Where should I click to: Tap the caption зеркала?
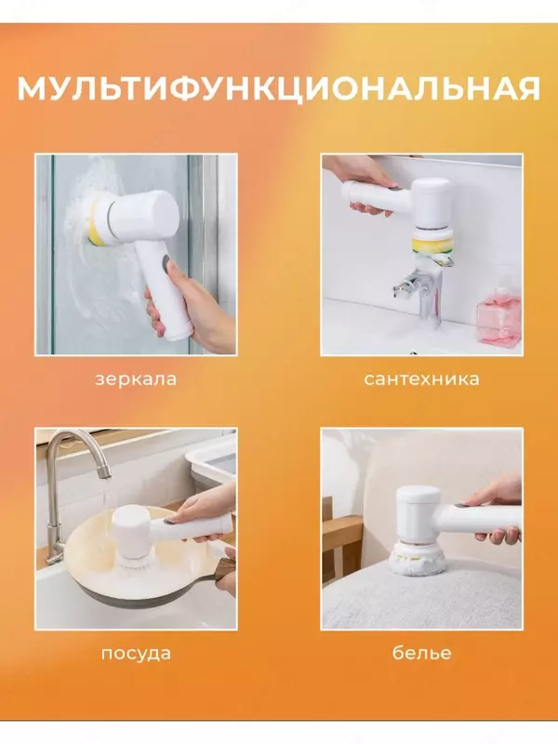click(136, 379)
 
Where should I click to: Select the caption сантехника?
click(421, 379)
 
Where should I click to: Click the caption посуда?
click(136, 653)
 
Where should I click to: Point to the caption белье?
click(421, 653)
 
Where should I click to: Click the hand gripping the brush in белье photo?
click(502, 507)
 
